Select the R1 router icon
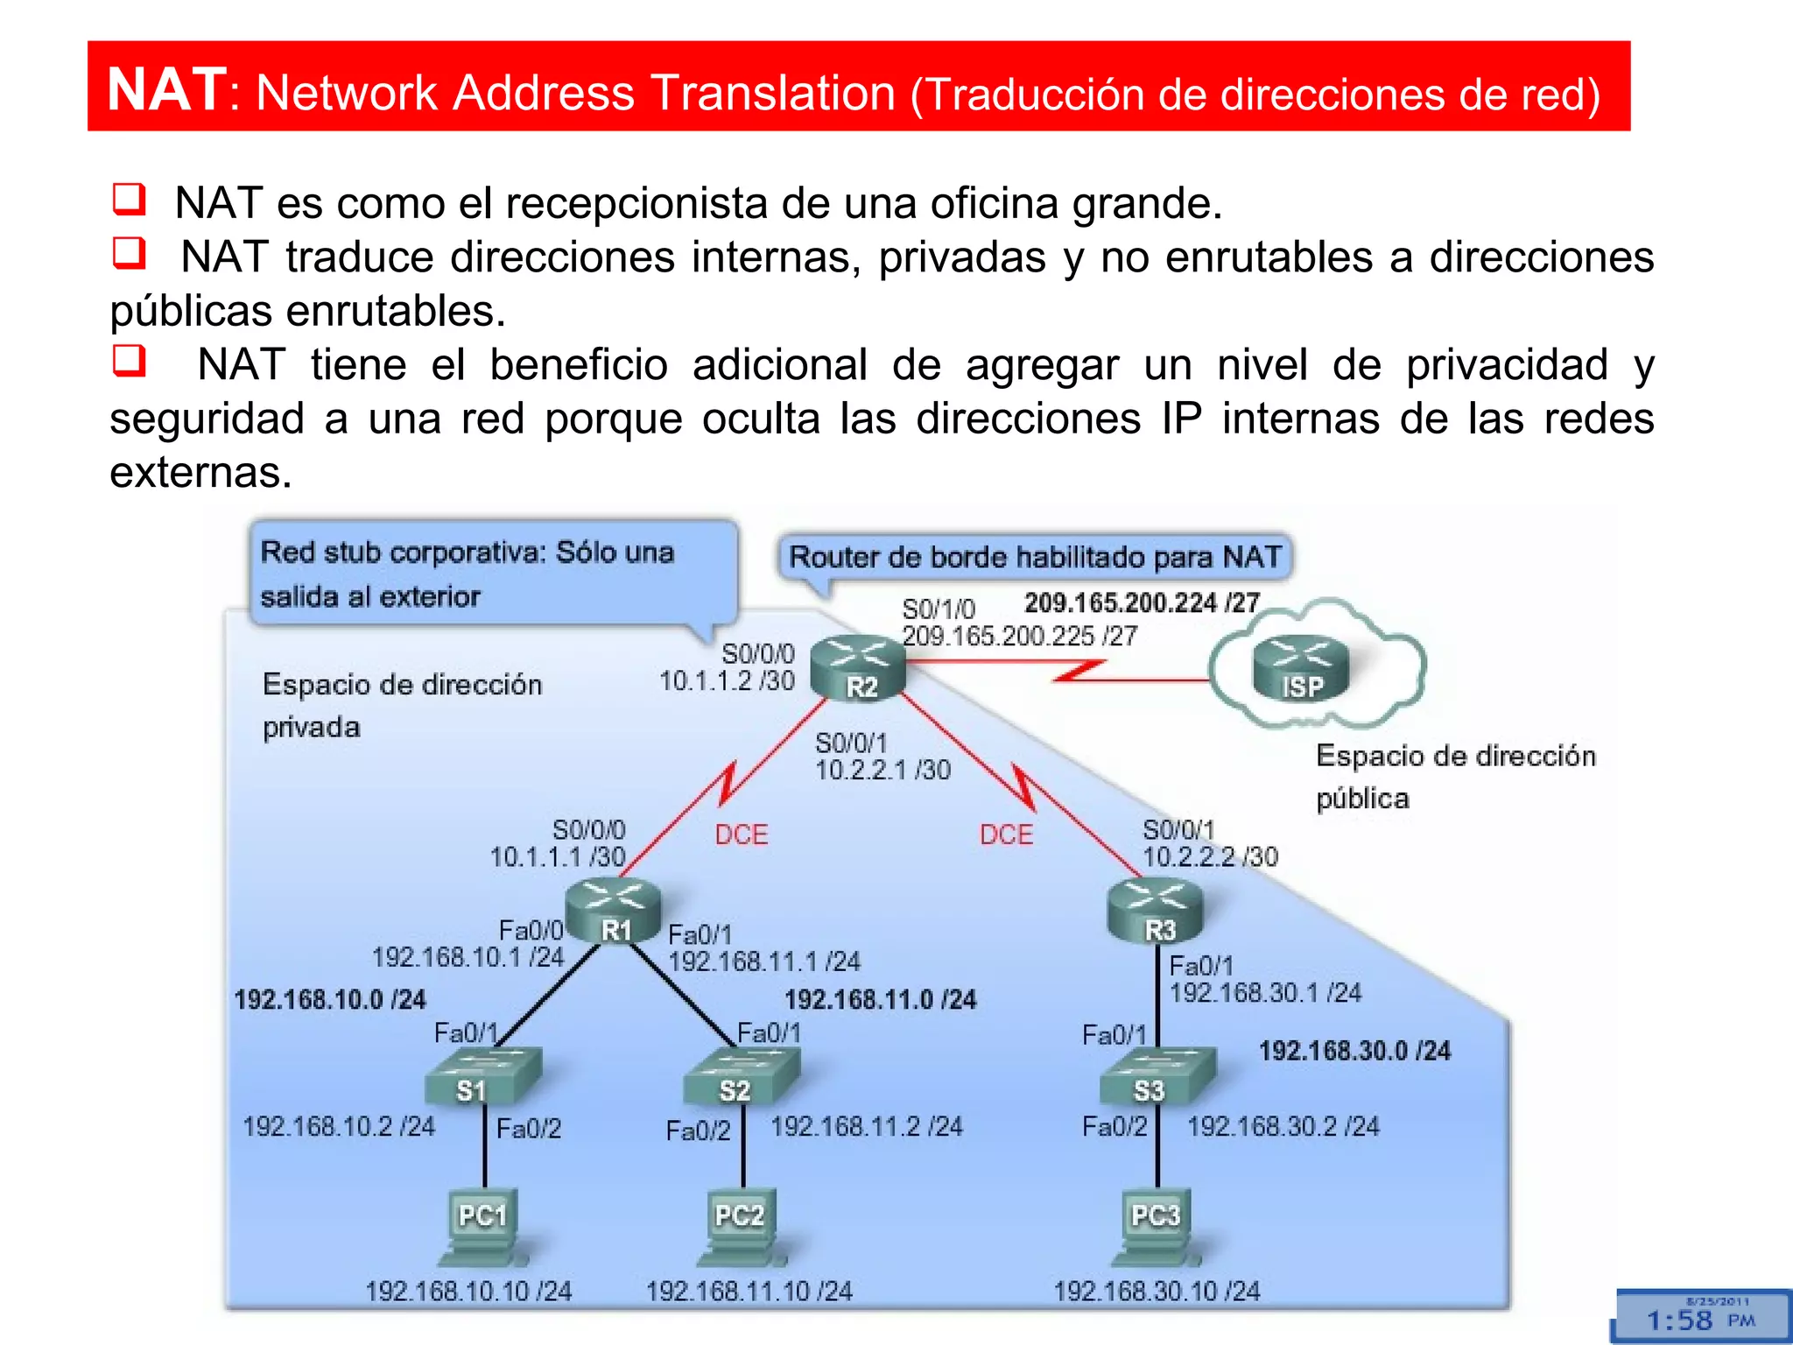click(613, 911)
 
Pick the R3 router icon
click(1156, 911)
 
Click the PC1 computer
click(482, 1226)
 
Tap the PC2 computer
click(741, 1226)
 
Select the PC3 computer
click(1154, 1226)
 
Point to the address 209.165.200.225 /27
click(1019, 636)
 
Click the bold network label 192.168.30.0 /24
click(1354, 1051)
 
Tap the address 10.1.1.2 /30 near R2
click(727, 681)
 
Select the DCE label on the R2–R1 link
click(741, 834)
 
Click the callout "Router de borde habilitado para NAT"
click(1035, 557)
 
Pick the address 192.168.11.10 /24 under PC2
click(749, 1291)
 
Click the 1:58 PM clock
click(1700, 1319)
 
